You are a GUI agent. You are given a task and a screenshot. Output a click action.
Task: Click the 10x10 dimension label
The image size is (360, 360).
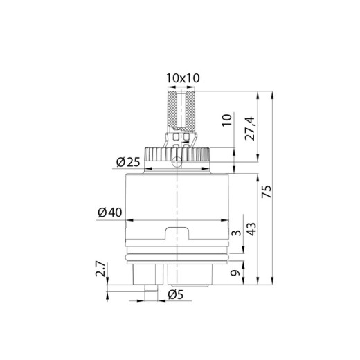click(x=183, y=78)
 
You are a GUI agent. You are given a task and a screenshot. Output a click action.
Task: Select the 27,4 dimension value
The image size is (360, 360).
click(x=250, y=129)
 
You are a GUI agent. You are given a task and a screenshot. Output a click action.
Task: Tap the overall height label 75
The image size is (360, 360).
click(x=267, y=191)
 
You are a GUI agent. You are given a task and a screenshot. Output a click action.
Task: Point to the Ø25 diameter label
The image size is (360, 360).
click(x=128, y=162)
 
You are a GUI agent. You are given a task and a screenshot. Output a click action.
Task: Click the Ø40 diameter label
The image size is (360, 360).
click(x=110, y=213)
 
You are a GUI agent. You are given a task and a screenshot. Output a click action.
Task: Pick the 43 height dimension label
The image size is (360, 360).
click(x=251, y=229)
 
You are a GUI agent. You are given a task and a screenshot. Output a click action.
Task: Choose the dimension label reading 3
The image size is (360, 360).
click(x=236, y=233)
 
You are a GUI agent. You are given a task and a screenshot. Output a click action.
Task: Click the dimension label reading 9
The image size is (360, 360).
click(x=235, y=273)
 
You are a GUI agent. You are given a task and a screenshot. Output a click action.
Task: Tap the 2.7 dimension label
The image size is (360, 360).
click(x=100, y=269)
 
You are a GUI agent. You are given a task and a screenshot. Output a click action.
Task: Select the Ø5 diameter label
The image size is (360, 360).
click(x=176, y=295)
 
